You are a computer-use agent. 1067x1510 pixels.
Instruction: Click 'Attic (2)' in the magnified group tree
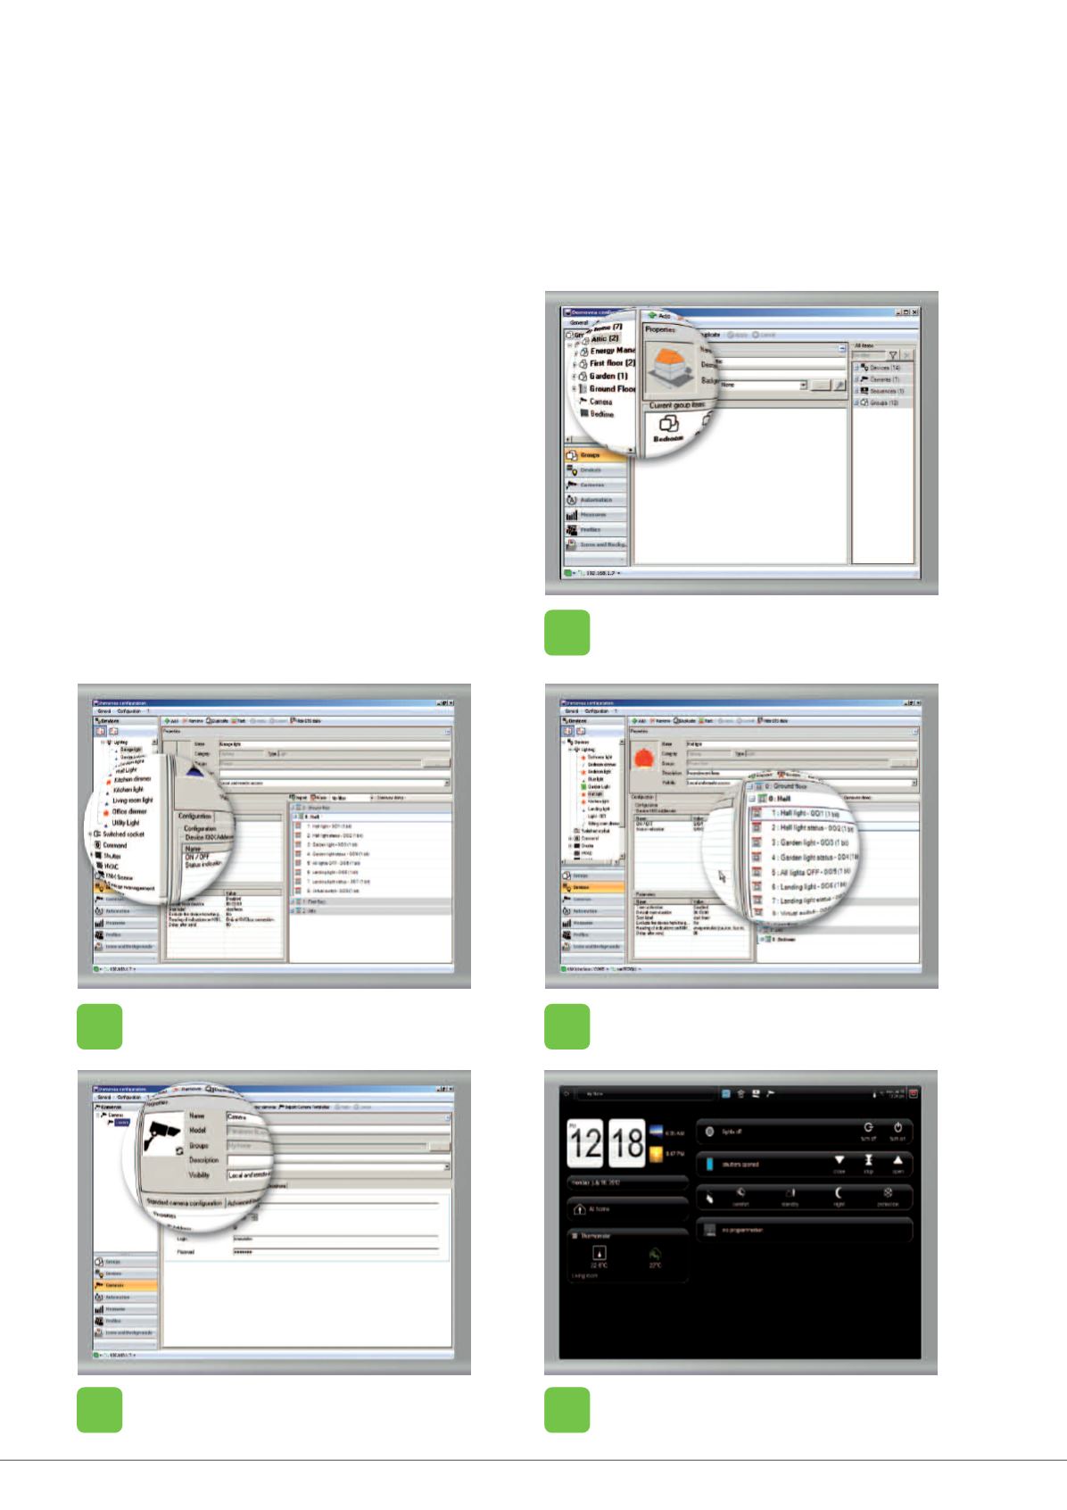(604, 338)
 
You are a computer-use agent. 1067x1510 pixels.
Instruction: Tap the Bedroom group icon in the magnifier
(668, 427)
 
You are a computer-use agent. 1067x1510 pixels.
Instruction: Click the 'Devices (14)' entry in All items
(884, 368)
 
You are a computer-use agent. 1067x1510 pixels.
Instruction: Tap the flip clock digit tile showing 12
(586, 1142)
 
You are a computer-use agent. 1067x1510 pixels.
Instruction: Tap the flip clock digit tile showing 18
(627, 1142)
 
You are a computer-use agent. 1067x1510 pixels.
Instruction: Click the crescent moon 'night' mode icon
(839, 1193)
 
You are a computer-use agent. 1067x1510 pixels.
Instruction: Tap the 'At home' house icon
(580, 1209)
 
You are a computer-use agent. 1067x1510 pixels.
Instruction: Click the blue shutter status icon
(709, 1164)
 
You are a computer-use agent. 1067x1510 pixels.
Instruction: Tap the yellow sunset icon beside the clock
(656, 1154)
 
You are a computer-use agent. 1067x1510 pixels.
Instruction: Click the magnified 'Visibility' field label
(199, 1174)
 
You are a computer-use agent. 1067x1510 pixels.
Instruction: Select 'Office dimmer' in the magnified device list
(129, 811)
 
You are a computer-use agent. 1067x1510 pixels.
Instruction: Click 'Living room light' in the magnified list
(132, 801)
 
